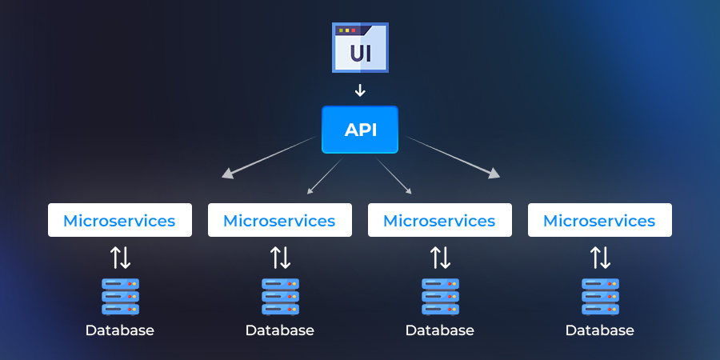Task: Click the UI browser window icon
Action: [x=360, y=48]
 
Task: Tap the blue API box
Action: [x=360, y=130]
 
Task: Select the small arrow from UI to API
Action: [x=360, y=90]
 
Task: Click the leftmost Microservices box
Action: [x=120, y=220]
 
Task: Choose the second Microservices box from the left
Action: [x=280, y=220]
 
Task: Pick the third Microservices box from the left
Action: [x=440, y=220]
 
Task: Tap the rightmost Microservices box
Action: [x=600, y=220]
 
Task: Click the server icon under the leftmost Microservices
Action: [x=120, y=296]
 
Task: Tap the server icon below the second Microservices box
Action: [x=280, y=296]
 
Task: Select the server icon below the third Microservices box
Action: [x=440, y=296]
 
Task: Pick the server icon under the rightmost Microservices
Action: [x=600, y=296]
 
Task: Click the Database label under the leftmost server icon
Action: [x=120, y=330]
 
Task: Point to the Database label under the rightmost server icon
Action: [x=600, y=330]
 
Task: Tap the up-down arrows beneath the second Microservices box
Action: [x=280, y=258]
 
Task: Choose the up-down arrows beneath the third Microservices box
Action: [x=440, y=258]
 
